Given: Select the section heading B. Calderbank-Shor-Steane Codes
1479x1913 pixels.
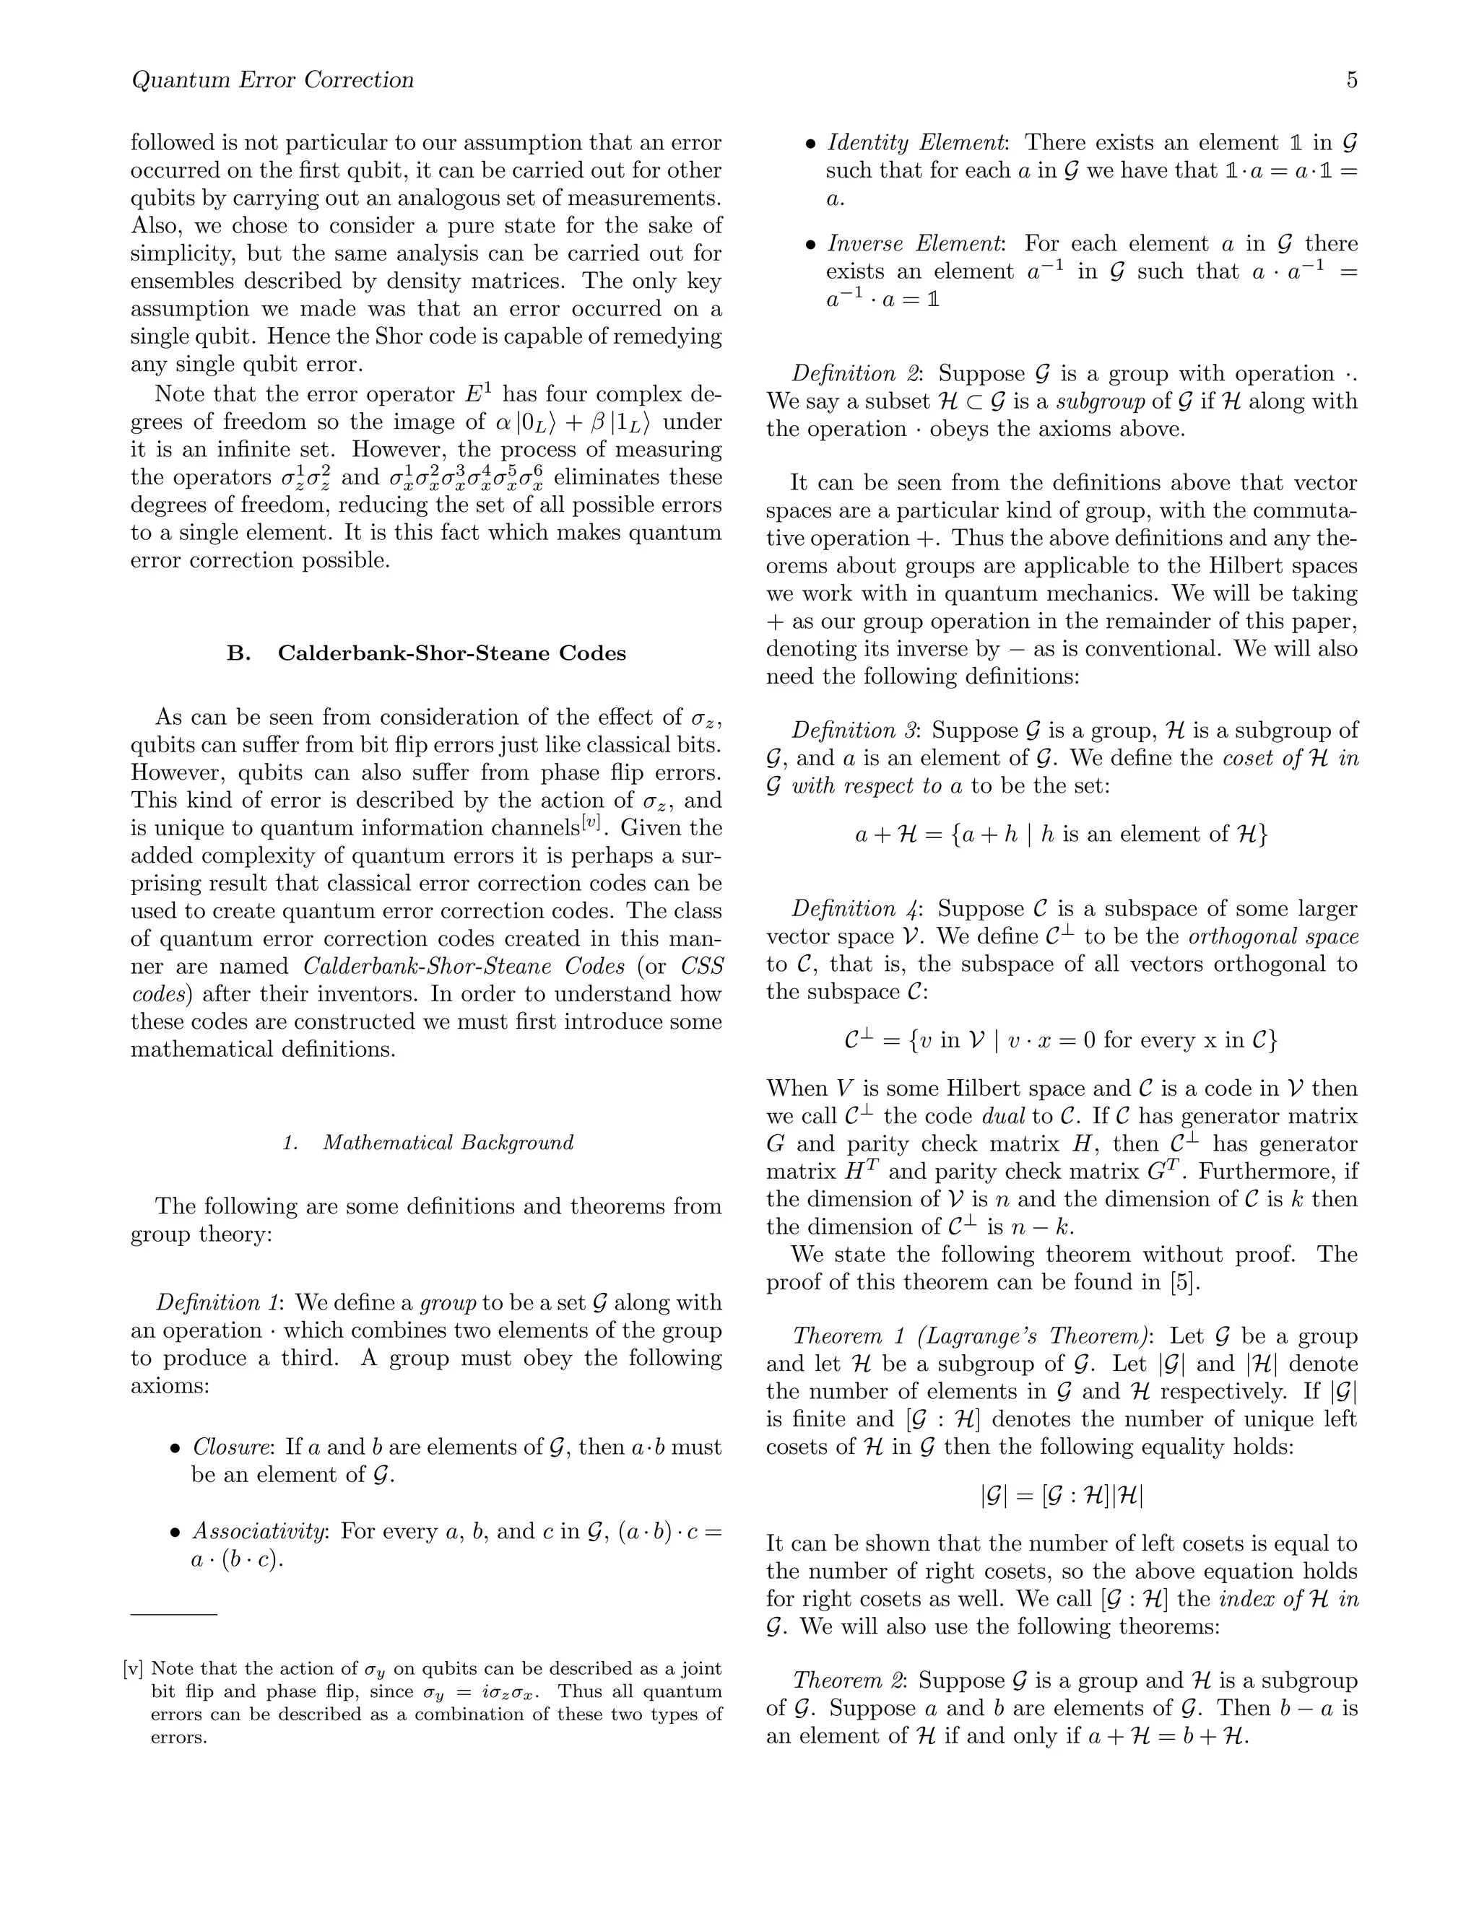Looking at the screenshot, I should pyautogui.click(x=426, y=653).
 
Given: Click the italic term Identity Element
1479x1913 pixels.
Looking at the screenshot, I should pyautogui.click(x=916, y=143).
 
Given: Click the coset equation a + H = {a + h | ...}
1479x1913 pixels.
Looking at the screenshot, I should pyautogui.click(x=1061, y=834).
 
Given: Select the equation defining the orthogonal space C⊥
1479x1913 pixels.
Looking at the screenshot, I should pyautogui.click(x=1061, y=1040).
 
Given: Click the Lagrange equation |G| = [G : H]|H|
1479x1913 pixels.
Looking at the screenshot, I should pyautogui.click(x=1061, y=1494).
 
